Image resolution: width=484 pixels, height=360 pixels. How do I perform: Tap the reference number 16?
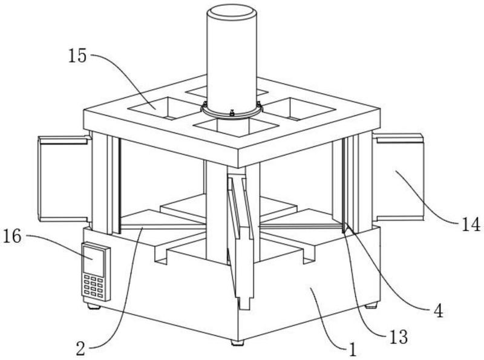pos(16,236)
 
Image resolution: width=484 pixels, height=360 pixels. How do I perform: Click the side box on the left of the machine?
pos(64,177)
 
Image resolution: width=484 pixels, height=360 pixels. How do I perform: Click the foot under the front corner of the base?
pos(236,342)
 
